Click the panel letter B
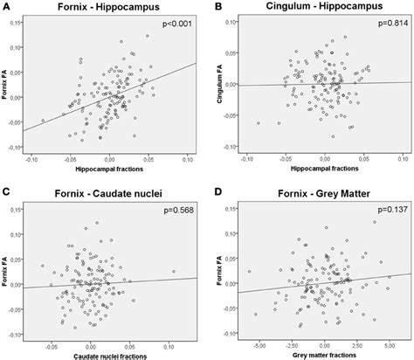pyautogui.click(x=216, y=8)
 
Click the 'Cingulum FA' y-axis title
pyautogui.click(x=219, y=88)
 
